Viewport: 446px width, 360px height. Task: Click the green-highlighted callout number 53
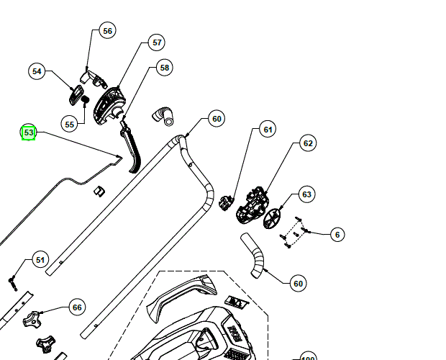click(29, 132)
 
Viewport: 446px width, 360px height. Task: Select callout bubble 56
click(107, 31)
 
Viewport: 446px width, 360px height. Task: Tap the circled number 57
click(157, 42)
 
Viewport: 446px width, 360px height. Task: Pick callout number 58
click(165, 68)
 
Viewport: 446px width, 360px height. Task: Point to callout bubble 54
click(37, 71)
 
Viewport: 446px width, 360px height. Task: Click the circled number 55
click(70, 124)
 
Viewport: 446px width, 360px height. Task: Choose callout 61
click(268, 130)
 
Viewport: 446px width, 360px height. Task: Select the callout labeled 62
click(308, 143)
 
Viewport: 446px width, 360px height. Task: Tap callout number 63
click(307, 194)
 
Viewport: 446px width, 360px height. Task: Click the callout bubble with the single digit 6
click(338, 235)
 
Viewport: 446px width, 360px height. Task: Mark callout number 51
click(40, 260)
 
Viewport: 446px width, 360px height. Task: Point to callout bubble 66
click(77, 307)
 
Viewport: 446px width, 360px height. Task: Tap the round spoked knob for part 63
click(273, 217)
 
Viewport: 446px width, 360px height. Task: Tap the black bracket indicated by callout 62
click(252, 201)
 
